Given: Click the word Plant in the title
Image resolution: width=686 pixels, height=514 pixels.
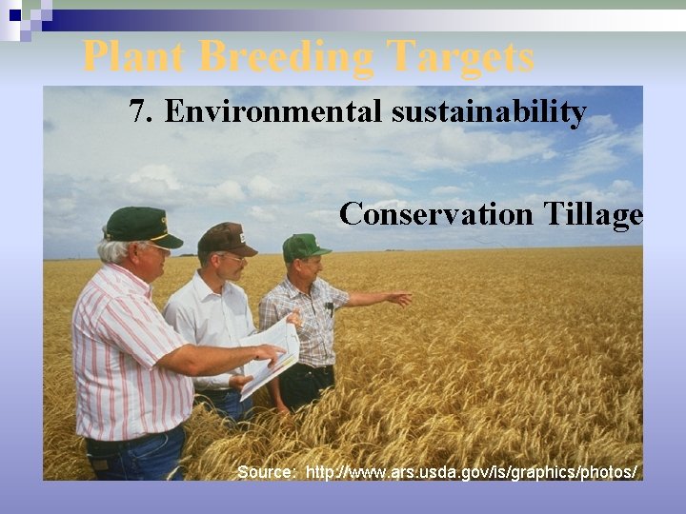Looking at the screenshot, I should (133, 56).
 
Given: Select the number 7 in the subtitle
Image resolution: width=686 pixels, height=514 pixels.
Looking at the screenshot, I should (140, 112).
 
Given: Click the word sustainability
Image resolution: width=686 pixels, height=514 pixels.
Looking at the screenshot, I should (488, 112).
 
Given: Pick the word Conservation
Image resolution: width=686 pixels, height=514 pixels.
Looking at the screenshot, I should (436, 214).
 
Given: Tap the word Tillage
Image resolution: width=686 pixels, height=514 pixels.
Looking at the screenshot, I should (593, 214).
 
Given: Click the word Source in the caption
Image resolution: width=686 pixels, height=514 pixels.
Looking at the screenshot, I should (266, 472).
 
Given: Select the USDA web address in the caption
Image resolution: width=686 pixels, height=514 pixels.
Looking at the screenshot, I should (471, 472).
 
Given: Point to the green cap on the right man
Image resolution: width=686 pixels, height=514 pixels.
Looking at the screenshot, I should (304, 247).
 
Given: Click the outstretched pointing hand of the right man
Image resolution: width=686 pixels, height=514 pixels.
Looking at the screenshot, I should (400, 299).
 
